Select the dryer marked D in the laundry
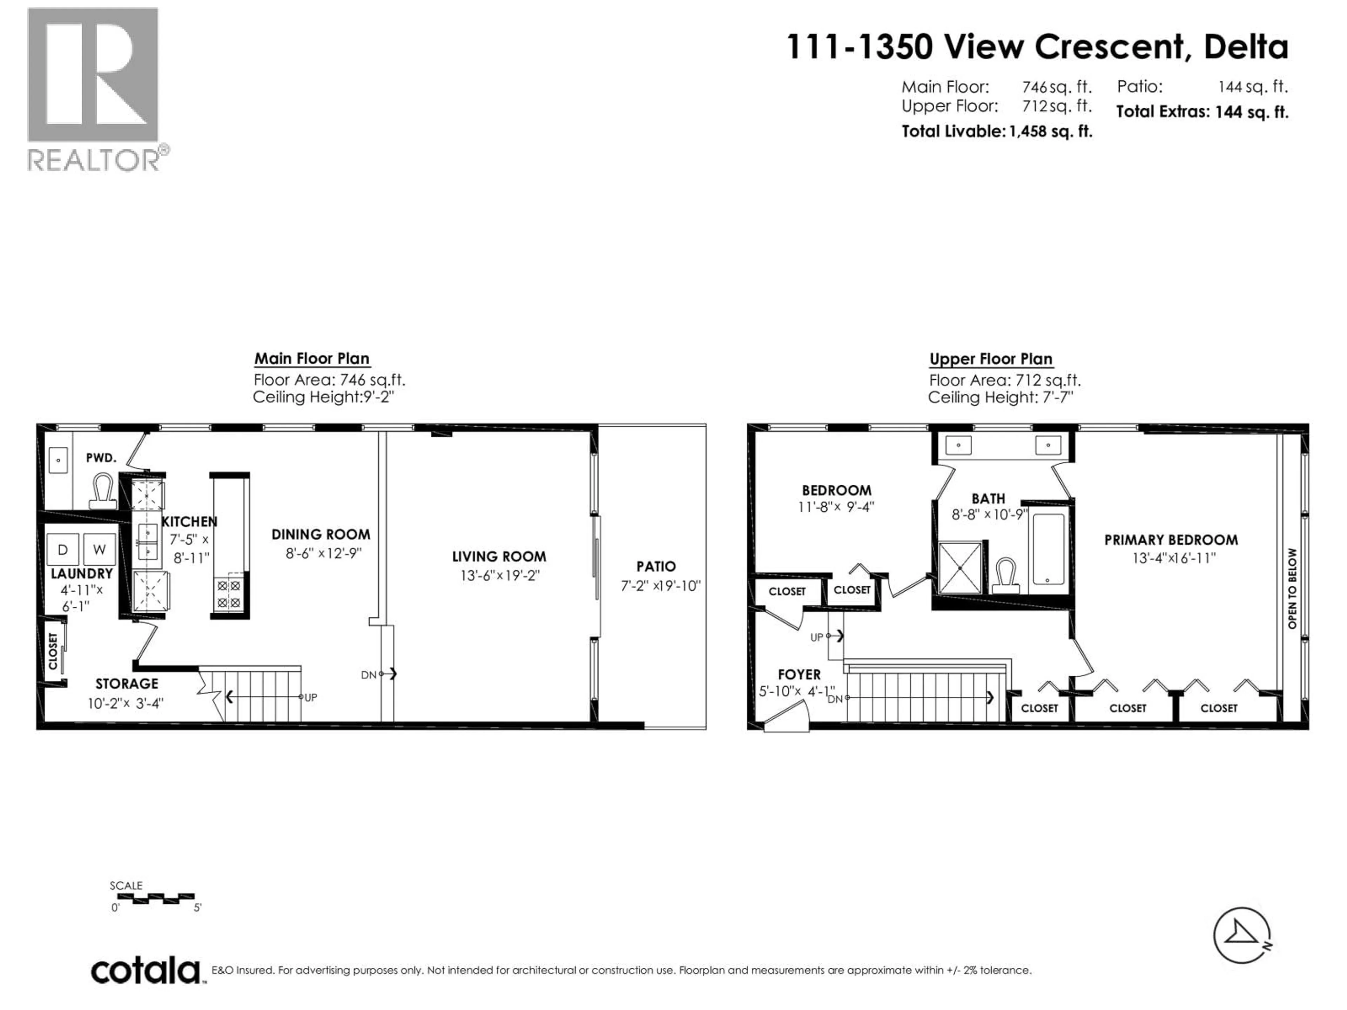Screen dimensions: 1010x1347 [63, 549]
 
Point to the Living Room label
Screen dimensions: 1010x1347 [499, 557]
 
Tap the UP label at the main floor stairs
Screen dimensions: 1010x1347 [310, 698]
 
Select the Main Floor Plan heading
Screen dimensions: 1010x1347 [312, 358]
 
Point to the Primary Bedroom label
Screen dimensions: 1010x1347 [1171, 540]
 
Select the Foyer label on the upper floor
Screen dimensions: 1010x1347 [799, 674]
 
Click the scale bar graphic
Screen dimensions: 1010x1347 [152, 897]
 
